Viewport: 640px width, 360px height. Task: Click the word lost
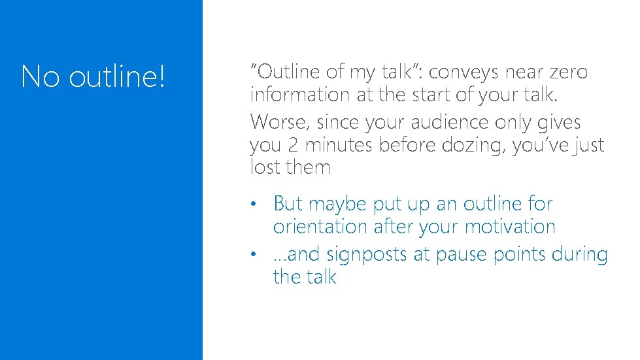264,167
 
